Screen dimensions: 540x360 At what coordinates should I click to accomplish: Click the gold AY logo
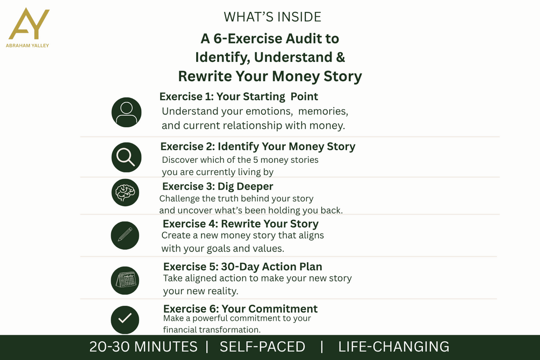pyautogui.click(x=29, y=24)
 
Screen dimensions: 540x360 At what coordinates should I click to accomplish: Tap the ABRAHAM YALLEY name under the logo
pyautogui.click(x=27, y=46)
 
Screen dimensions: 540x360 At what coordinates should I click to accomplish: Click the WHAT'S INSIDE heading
pyautogui.click(x=272, y=17)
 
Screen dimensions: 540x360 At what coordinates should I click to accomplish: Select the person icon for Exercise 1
pyautogui.click(x=126, y=112)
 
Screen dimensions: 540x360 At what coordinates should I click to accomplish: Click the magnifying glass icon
pyautogui.click(x=126, y=157)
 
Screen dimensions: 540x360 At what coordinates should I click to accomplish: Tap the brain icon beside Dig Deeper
pyautogui.click(x=125, y=192)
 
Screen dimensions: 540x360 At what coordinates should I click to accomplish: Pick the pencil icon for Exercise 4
pyautogui.click(x=125, y=235)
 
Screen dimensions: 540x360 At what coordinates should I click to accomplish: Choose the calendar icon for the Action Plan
pyautogui.click(x=125, y=280)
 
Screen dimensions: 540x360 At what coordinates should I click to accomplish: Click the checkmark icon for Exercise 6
pyautogui.click(x=125, y=320)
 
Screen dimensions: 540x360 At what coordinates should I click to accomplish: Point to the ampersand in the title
pyautogui.click(x=341, y=57)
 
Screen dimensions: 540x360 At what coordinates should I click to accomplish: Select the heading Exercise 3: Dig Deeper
pyautogui.click(x=218, y=186)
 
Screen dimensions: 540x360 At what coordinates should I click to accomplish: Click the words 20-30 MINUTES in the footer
pyautogui.click(x=143, y=347)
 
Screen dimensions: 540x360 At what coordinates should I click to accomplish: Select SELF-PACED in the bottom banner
pyautogui.click(x=262, y=347)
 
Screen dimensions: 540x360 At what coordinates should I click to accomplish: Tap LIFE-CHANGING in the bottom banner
pyautogui.click(x=394, y=347)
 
